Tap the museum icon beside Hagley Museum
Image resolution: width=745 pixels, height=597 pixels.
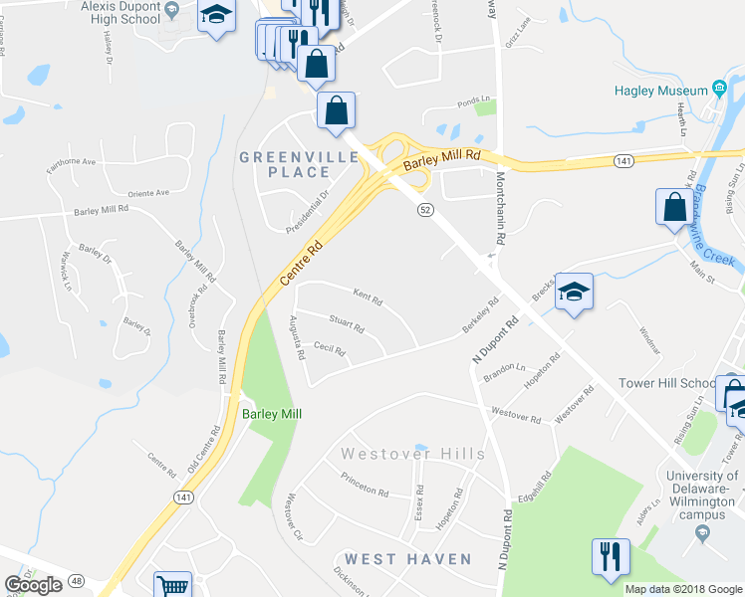(718, 91)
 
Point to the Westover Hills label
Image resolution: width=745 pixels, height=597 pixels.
(412, 454)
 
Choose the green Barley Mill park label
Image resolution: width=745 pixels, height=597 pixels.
(271, 414)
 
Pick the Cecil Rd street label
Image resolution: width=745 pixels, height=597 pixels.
(329, 349)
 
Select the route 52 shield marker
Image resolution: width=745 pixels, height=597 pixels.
(424, 210)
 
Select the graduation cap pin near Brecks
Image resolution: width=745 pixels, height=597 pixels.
(574, 292)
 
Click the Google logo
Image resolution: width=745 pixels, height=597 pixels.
(34, 585)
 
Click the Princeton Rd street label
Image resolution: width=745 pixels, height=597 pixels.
(364, 491)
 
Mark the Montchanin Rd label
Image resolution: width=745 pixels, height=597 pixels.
(501, 210)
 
